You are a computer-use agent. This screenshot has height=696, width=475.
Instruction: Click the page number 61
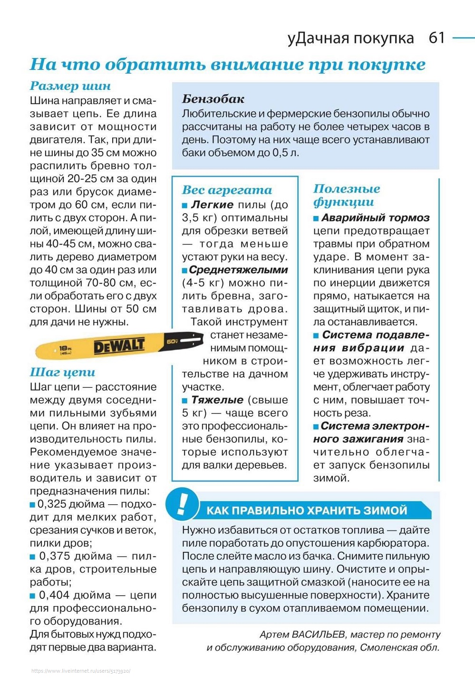[436, 38]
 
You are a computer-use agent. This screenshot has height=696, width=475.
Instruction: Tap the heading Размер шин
[70, 86]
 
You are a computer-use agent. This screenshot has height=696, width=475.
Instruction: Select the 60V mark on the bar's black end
[172, 341]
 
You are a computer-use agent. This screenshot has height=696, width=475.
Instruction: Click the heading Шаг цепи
[62, 372]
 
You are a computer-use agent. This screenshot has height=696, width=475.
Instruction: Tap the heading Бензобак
[213, 99]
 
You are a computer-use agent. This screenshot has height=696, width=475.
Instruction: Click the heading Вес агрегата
[227, 190]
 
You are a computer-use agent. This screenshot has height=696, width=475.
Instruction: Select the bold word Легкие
[212, 205]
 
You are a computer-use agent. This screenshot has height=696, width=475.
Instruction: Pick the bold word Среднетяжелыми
[238, 270]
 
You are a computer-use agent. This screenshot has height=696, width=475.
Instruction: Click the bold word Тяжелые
[217, 400]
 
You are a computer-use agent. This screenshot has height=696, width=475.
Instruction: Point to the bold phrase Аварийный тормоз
[375, 218]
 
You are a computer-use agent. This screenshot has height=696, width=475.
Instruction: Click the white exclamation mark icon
[181, 503]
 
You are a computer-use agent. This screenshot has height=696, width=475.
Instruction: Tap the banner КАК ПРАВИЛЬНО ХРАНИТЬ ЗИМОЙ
[307, 510]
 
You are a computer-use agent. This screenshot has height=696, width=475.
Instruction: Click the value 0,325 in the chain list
[53, 504]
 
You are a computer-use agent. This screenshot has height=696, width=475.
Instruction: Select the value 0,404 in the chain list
[55, 595]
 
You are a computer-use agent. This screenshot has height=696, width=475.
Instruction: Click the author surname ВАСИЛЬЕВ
[318, 634]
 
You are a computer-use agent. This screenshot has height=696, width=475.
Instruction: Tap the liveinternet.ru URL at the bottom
[81, 671]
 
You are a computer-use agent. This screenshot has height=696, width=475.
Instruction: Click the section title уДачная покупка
[350, 38]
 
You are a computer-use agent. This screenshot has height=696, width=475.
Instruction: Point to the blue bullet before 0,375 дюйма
[33, 556]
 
